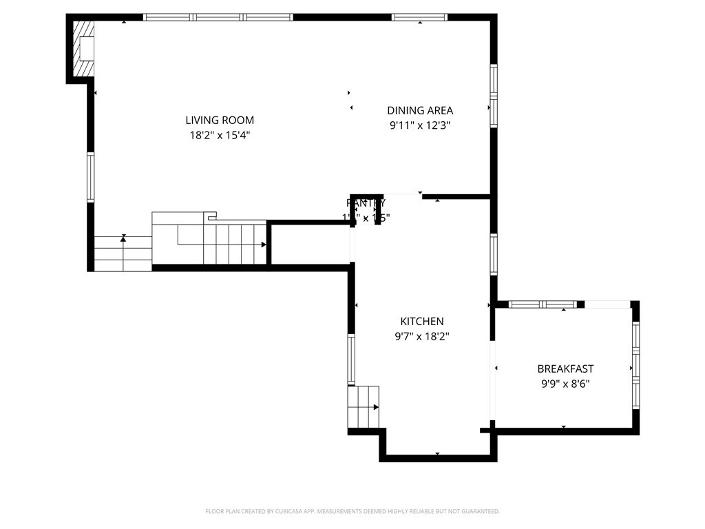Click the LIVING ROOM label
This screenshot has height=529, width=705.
pos(220,121)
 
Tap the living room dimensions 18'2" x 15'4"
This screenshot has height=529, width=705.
pos(220,136)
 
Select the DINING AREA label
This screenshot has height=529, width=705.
pos(420,110)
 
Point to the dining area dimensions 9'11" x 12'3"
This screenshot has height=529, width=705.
pos(420,125)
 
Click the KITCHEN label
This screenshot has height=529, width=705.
pos(422,321)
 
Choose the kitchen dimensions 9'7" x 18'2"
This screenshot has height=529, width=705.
pos(422,336)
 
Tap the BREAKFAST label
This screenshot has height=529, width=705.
pos(565,369)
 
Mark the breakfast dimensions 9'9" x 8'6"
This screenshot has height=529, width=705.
pos(565,384)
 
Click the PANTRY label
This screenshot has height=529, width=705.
pos(366,203)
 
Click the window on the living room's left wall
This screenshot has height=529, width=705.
pos(91,178)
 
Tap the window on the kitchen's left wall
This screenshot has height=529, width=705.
pos(351,360)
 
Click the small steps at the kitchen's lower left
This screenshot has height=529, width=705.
pos(364,407)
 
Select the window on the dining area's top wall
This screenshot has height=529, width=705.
pos(419,17)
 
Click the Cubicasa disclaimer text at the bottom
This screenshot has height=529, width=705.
pos(352,511)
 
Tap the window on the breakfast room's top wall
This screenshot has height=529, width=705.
pos(542,304)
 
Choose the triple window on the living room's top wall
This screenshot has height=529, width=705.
pos(218,17)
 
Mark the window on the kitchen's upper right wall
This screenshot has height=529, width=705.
pos(494,255)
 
